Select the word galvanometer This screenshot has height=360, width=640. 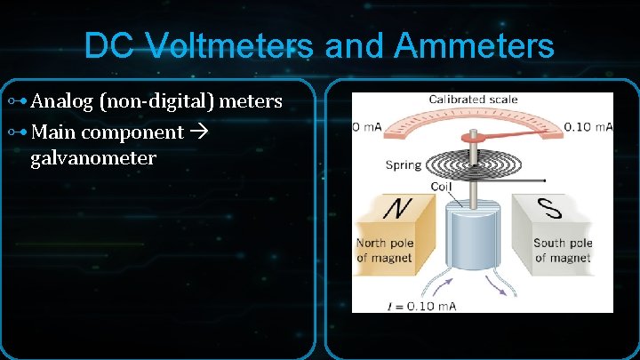pos(92,158)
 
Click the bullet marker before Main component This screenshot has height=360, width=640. pos(16,132)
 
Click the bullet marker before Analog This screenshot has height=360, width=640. pos(16,102)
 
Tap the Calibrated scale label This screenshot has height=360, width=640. pos(473,99)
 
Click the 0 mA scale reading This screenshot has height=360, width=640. pos(367,127)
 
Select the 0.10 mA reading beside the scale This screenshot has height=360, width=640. pos(588,127)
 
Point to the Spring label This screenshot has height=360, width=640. pos(404,164)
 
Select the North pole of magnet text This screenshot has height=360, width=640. pos(385,251)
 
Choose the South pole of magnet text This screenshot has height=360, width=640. pos(563,251)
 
